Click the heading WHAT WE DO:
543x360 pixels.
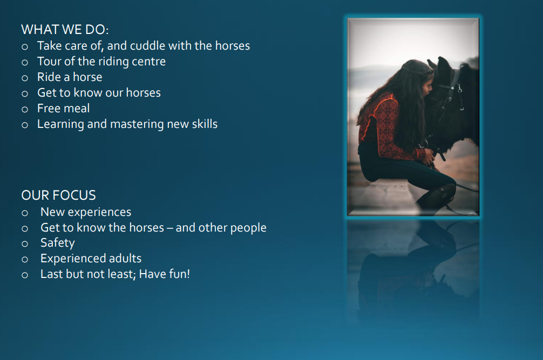click(65, 30)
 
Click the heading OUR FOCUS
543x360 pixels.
click(58, 195)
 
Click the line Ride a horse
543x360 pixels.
click(70, 77)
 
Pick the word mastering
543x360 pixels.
click(137, 124)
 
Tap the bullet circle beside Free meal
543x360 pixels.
click(25, 110)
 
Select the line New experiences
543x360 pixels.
click(86, 212)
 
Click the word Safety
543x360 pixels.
click(58, 243)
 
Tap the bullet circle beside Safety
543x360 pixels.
click(25, 244)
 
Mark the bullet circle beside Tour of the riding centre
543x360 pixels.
click(25, 63)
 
